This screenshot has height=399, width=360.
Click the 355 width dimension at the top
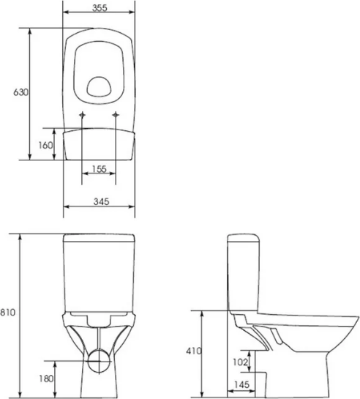pos(100,8)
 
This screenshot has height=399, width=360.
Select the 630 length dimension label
pos(20,92)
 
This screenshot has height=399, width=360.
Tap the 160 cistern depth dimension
pos(45,145)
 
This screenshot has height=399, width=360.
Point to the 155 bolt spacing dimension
pos(100,168)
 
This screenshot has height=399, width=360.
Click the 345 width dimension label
pos(101,201)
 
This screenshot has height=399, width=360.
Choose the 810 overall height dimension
pos(7,312)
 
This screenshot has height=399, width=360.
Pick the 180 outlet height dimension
pos(46,379)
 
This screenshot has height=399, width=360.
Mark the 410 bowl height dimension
pos(194,351)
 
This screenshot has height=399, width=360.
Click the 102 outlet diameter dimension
pos(240,362)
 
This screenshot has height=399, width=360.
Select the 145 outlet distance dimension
pos(241,384)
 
